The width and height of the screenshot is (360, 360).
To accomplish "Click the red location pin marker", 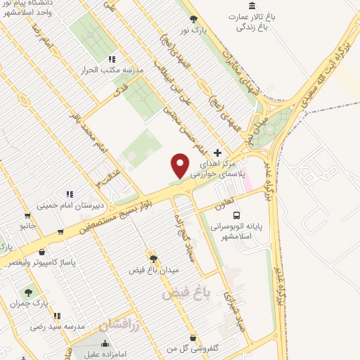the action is point(181,165).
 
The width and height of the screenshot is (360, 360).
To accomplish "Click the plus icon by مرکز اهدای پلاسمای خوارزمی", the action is point(217,153).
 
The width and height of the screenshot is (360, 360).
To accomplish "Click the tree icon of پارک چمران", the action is point(27,291).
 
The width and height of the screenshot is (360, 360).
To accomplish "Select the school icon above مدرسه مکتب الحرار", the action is point(111,60).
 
